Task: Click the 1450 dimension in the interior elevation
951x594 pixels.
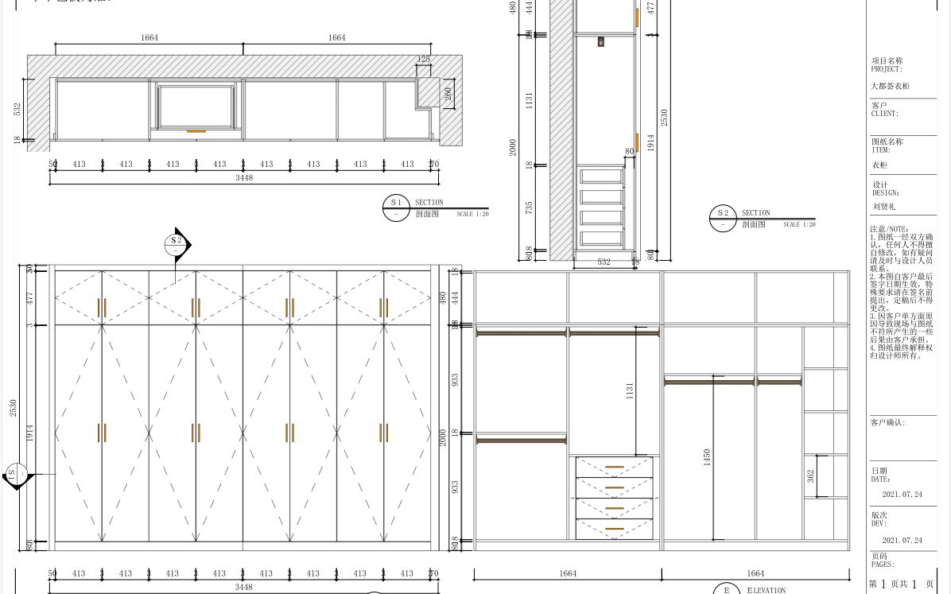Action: tap(706, 457)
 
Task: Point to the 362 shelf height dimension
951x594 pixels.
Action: tap(810, 476)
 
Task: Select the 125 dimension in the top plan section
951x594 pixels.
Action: tap(424, 60)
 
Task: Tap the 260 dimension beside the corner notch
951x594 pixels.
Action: tap(448, 94)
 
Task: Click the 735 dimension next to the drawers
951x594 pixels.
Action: tap(529, 207)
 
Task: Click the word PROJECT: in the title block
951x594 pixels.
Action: tap(887, 69)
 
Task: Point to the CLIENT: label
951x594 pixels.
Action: tap(884, 114)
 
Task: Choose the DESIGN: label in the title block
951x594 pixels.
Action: tap(885, 193)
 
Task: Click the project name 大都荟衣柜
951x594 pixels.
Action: tap(890, 86)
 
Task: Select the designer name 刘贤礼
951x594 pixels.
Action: tap(883, 206)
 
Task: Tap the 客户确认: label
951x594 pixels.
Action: tap(887, 423)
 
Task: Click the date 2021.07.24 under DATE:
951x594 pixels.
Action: tap(902, 495)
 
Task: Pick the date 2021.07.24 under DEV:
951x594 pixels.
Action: tap(902, 541)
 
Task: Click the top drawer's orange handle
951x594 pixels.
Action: tap(614, 467)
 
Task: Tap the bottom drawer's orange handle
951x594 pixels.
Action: tap(614, 529)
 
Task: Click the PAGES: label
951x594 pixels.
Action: tap(883, 565)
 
